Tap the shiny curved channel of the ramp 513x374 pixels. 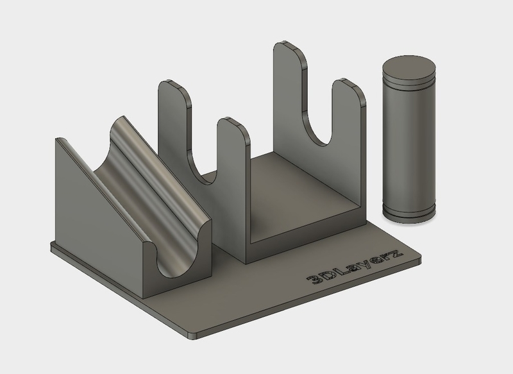160,192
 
